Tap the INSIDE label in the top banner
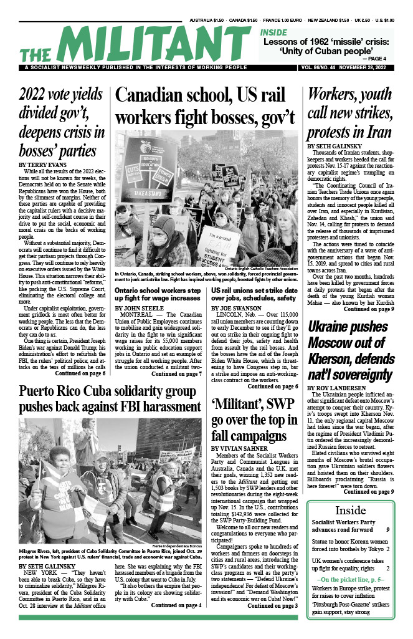pos(274,32)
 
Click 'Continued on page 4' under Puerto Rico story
pos(177,605)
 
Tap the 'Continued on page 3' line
pos(272,605)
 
